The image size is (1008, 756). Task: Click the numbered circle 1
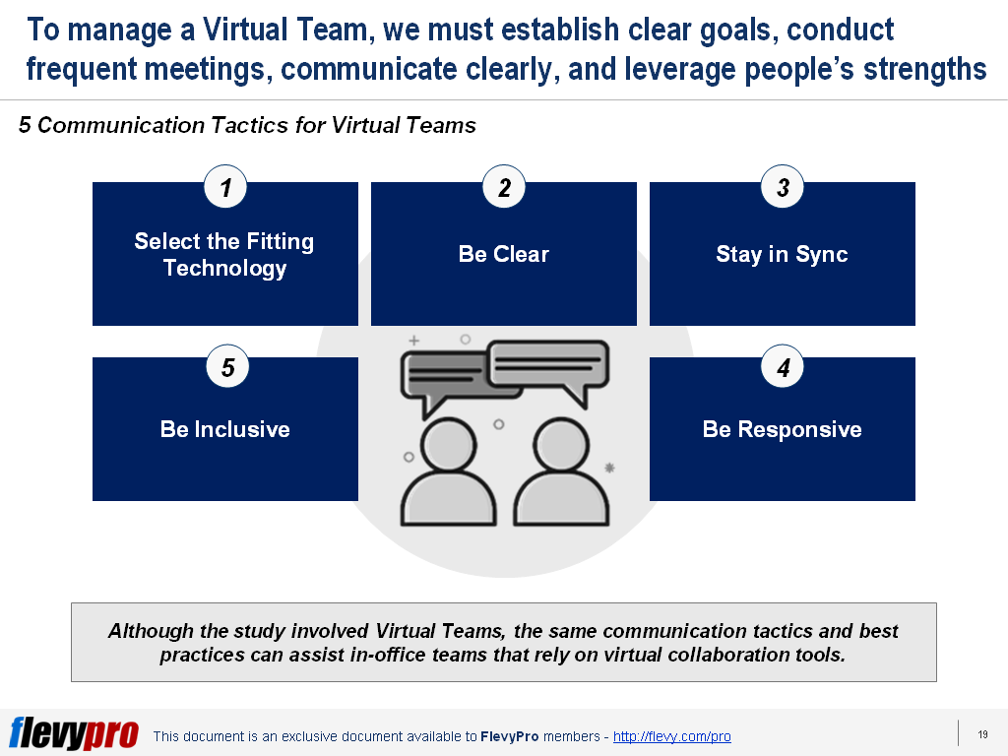pyautogui.click(x=225, y=187)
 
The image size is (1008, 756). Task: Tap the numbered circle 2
pyautogui.click(x=504, y=187)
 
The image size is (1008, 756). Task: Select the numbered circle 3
pyautogui.click(x=783, y=187)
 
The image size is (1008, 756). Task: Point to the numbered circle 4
pyautogui.click(x=783, y=366)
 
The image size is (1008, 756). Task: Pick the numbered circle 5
pyautogui.click(x=227, y=366)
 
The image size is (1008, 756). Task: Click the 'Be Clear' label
pyautogui.click(x=504, y=254)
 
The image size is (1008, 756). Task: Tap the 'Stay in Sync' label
pyautogui.click(x=783, y=255)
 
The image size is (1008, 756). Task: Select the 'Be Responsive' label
pyautogui.click(x=783, y=429)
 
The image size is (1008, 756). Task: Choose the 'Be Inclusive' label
pyautogui.click(x=225, y=429)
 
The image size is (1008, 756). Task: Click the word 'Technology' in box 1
pyautogui.click(x=225, y=268)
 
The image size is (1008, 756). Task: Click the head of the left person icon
pyautogui.click(x=449, y=445)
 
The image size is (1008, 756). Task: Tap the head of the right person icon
pyautogui.click(x=561, y=445)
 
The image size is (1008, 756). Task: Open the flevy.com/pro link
pyautogui.click(x=671, y=736)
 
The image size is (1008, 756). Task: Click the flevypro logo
pyautogui.click(x=74, y=732)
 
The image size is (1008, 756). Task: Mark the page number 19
pyautogui.click(x=983, y=734)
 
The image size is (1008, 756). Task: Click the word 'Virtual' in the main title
pyautogui.click(x=245, y=30)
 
